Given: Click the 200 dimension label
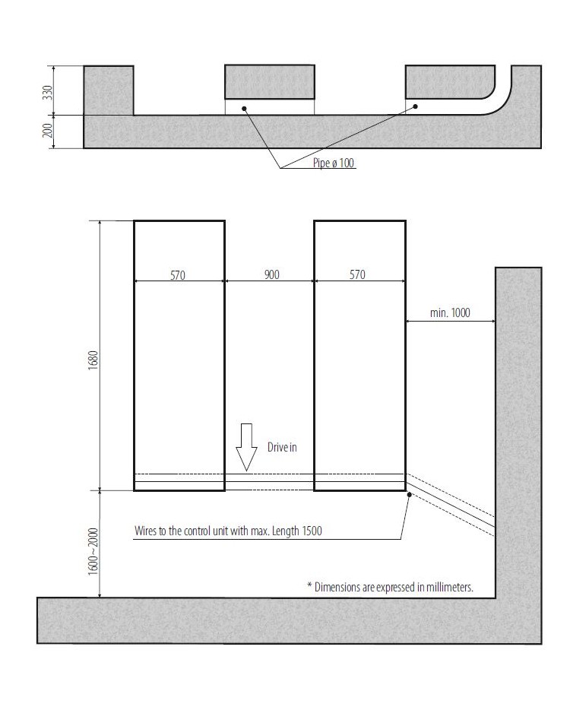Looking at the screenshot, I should tap(47, 132).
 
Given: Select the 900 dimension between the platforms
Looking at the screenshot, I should tap(271, 274).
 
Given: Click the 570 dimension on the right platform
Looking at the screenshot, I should tap(357, 274).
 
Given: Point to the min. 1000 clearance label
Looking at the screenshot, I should tap(450, 313).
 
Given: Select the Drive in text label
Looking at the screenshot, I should tap(281, 448).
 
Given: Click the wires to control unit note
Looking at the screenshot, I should tap(227, 531).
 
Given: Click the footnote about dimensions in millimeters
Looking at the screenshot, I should tap(390, 586).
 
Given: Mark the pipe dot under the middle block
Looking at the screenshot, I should tap(245, 108).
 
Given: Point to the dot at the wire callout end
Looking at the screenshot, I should tap(410, 495).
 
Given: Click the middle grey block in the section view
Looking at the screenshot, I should tap(270, 82).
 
